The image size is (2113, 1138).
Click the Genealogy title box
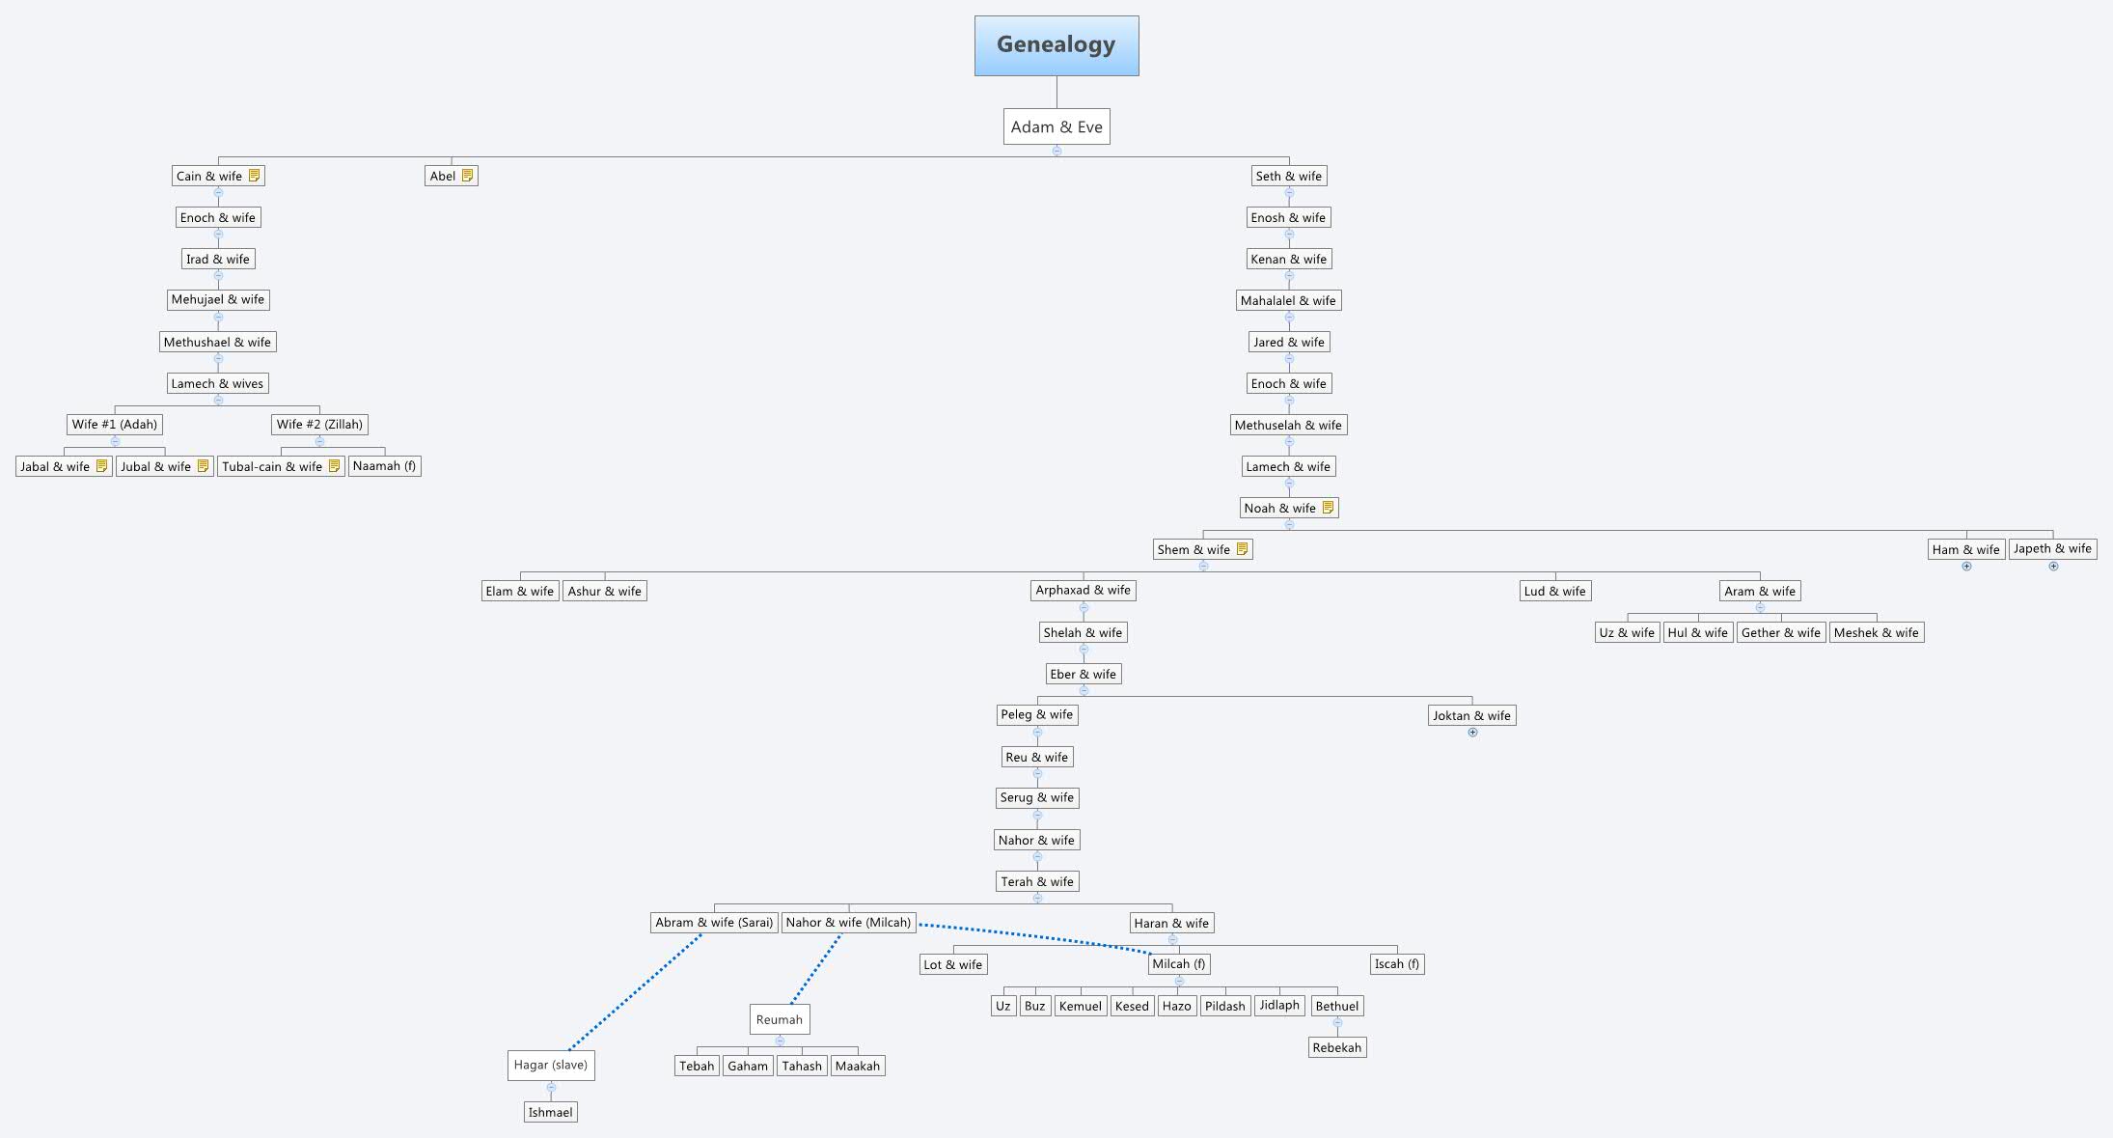[x=1056, y=45]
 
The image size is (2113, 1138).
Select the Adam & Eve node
[x=1056, y=126]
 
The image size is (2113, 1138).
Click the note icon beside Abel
[x=468, y=176]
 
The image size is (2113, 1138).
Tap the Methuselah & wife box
[x=1288, y=425]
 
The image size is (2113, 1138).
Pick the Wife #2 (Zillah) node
[x=319, y=424]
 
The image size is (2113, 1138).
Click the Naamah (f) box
[x=384, y=466]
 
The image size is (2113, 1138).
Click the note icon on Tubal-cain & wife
[x=334, y=466]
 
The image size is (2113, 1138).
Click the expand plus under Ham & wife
[x=1966, y=567]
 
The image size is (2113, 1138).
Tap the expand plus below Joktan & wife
[x=1472, y=733]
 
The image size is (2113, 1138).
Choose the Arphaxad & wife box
[x=1083, y=590]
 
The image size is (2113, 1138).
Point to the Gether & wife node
[x=1780, y=632]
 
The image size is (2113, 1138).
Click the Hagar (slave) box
[x=551, y=1065]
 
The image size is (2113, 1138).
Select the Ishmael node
[x=551, y=1112]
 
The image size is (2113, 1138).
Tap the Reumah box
[x=780, y=1019]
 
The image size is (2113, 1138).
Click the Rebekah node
[x=1337, y=1047]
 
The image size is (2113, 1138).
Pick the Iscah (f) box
[x=1396, y=963]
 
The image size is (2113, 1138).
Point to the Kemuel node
[x=1080, y=1006]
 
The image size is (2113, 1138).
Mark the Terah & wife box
[x=1037, y=881]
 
